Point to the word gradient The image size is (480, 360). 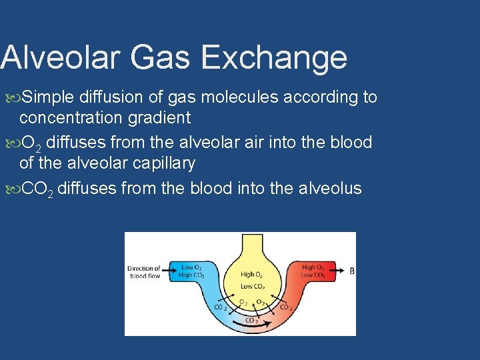(x=161, y=118)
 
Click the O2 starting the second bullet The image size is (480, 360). (x=29, y=143)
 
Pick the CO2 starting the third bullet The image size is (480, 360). (x=36, y=189)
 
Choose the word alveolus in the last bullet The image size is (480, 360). (x=327, y=189)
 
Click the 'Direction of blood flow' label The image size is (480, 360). (x=144, y=272)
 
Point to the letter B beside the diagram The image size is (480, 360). (x=351, y=271)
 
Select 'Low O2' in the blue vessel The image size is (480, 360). (x=192, y=267)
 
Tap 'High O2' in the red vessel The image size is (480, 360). (x=313, y=267)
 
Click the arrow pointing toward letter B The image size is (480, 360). (x=338, y=271)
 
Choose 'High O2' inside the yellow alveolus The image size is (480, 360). (x=251, y=274)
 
